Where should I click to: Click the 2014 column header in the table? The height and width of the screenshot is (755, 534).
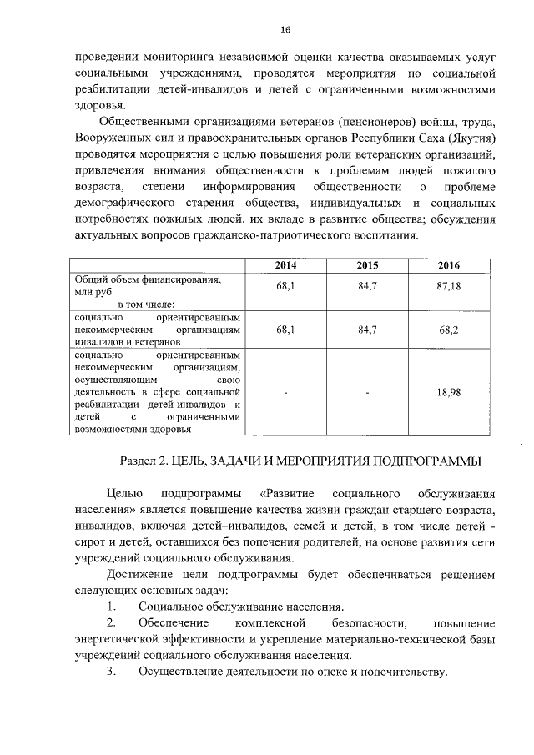(x=285, y=265)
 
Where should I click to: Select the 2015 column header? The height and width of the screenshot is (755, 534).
(x=367, y=265)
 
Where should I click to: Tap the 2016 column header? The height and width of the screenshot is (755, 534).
(x=448, y=265)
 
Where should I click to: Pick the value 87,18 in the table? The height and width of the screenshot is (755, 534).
(x=448, y=285)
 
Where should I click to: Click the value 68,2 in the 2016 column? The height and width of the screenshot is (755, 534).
(x=448, y=330)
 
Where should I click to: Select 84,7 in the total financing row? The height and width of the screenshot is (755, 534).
(x=367, y=285)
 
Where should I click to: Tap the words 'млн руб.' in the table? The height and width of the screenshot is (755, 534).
(x=93, y=293)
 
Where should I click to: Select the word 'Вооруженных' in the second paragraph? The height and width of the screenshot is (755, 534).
(x=112, y=138)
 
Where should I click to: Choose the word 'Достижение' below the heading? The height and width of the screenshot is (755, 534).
(x=139, y=575)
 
